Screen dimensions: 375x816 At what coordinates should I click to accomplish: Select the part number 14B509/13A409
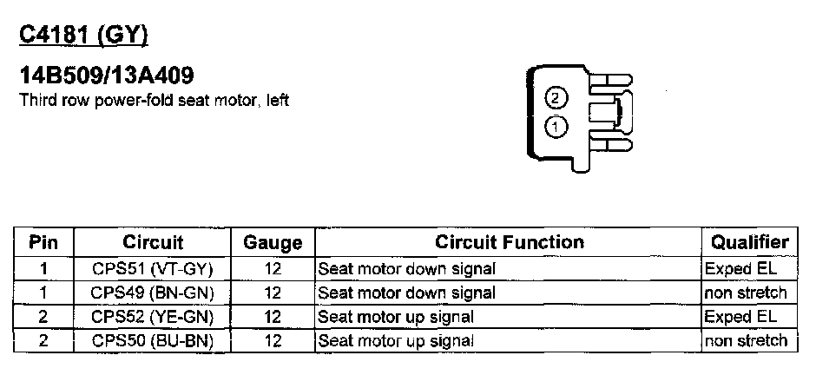pos(100,76)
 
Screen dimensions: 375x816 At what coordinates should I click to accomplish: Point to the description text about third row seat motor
pos(154,100)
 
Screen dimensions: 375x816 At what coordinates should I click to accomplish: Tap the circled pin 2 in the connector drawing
pos(555,97)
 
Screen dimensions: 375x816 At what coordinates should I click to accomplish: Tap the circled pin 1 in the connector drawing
pos(555,126)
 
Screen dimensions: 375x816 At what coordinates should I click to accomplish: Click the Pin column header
pos(43,242)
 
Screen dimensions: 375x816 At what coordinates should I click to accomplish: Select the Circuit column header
pos(153,242)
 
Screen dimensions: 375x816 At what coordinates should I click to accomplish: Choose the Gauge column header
pos(273,242)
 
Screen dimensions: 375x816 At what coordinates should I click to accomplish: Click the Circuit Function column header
pos(509,242)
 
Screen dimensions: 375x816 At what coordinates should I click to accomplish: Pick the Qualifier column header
pos(750,242)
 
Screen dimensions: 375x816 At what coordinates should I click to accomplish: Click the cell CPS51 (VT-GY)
pos(153,268)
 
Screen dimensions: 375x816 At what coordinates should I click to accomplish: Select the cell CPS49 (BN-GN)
pos(153,293)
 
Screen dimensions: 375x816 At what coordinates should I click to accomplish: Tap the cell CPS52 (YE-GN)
pos(153,317)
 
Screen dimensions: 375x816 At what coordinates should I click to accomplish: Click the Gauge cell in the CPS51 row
pos(273,268)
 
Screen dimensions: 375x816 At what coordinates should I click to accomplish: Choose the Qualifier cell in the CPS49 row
pos(747,293)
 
